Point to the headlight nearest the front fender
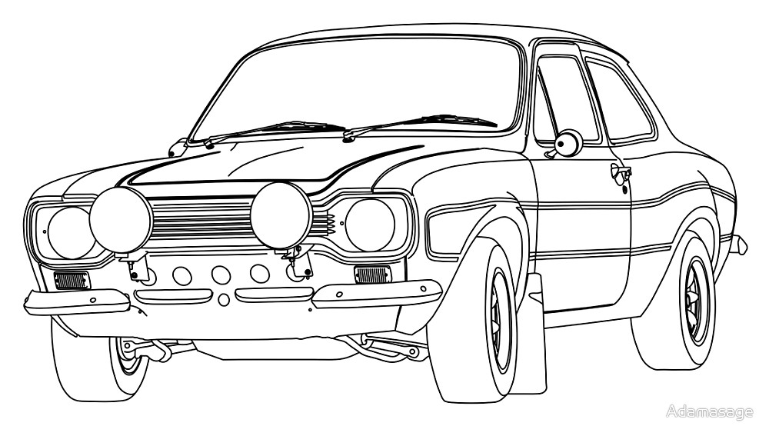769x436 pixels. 371,223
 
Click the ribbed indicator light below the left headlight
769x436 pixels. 72,280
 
